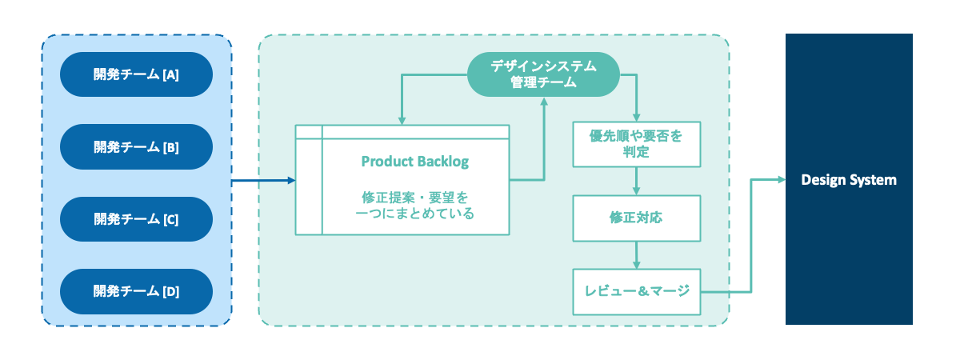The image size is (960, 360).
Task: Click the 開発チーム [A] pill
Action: coord(136,75)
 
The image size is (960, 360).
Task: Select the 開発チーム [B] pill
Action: coord(136,147)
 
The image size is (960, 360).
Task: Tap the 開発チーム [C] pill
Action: coord(136,219)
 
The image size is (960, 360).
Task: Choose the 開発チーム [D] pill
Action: coord(136,291)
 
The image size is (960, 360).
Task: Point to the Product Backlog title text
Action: coord(414,161)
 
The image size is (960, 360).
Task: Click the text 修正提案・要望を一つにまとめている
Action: coord(414,205)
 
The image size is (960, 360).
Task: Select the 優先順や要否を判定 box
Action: coord(636,144)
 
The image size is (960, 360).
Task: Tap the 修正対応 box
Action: coord(636,218)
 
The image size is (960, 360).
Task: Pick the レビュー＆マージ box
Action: coord(636,291)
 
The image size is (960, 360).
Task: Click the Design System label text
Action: coord(849,180)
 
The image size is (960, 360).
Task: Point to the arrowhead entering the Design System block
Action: coord(780,180)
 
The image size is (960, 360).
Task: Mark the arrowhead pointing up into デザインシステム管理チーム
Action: coord(544,102)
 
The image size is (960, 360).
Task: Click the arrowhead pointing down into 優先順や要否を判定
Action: coord(636,117)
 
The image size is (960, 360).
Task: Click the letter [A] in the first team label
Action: coord(170,76)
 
